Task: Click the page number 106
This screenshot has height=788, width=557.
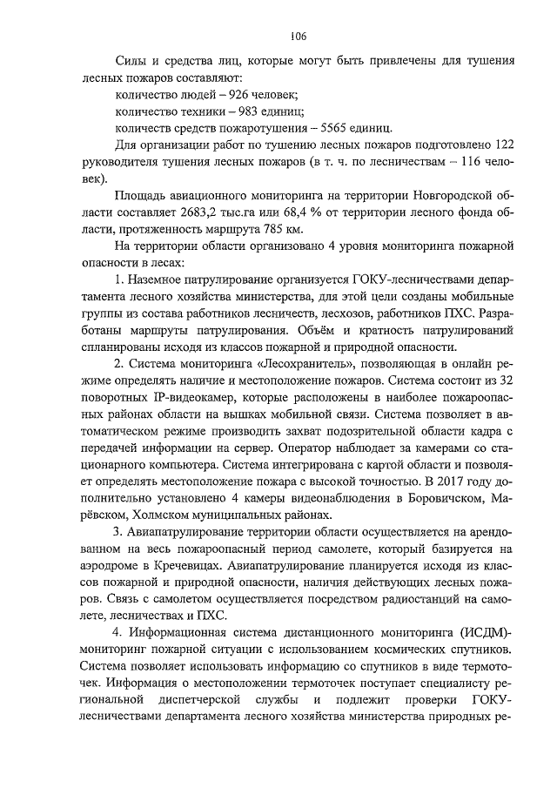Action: (x=298, y=36)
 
